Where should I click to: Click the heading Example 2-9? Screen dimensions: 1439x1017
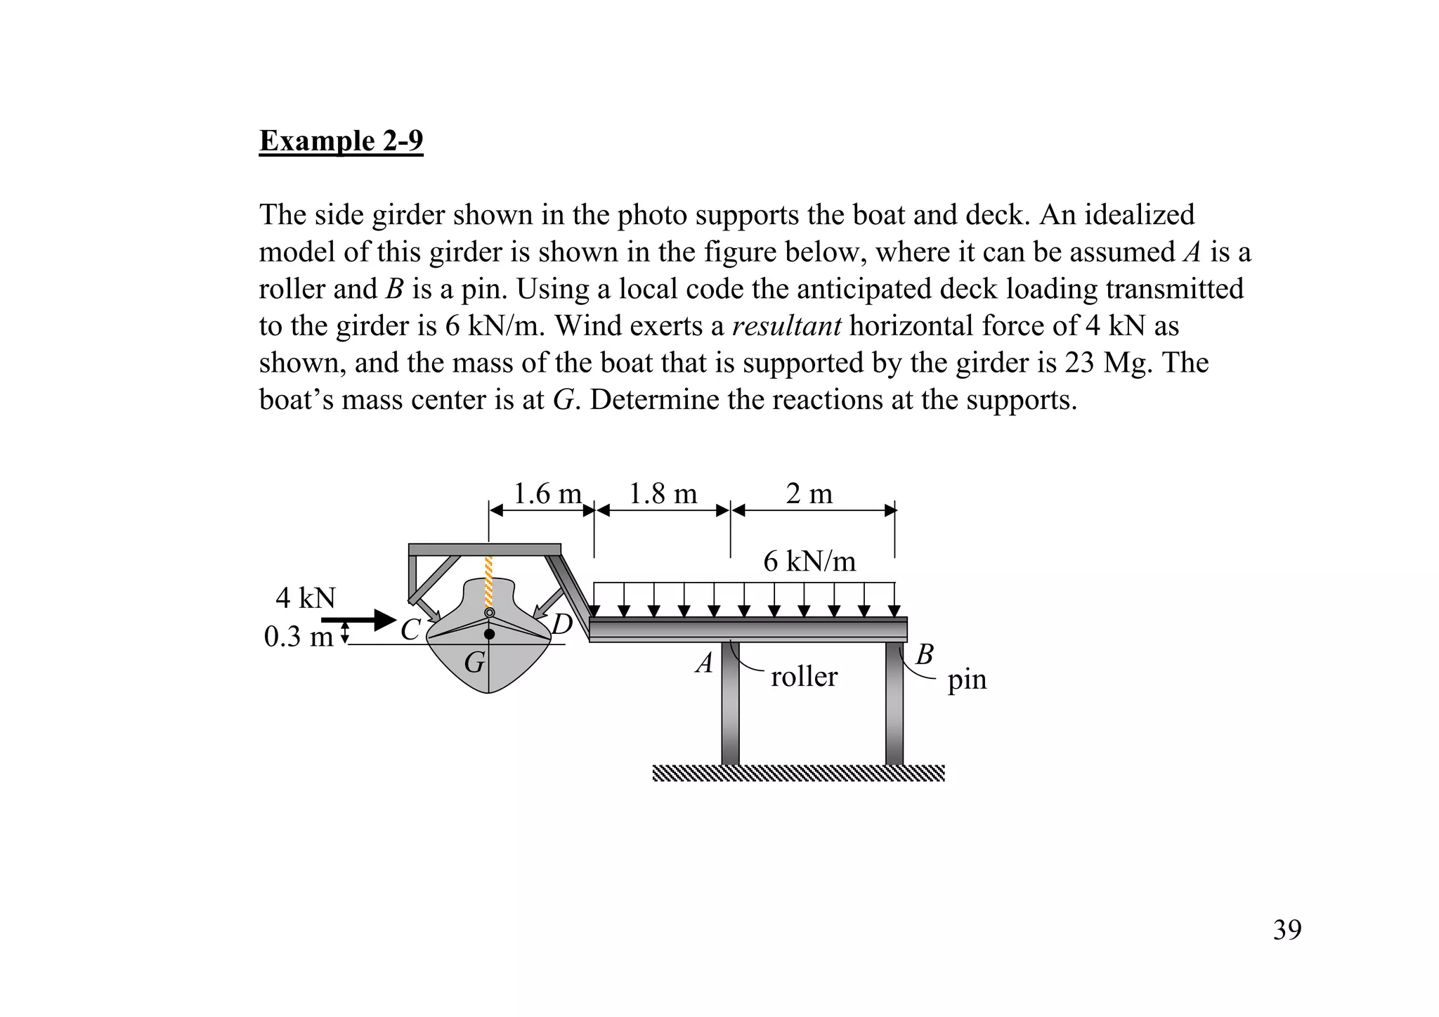pos(341,141)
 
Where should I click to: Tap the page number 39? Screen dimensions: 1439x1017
pos(1287,930)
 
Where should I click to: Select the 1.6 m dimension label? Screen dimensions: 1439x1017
pos(547,494)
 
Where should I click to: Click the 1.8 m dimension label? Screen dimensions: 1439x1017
pos(663,494)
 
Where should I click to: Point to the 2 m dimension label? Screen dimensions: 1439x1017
pos(809,494)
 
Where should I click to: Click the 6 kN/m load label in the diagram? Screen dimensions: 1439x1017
pos(809,562)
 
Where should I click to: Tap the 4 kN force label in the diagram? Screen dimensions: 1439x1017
pos(306,598)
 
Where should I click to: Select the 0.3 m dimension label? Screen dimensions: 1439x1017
pos(298,637)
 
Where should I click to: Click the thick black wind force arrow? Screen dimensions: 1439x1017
pos(359,620)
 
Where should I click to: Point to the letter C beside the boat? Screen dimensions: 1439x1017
pos(410,630)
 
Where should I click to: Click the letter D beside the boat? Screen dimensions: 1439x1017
pos(562,624)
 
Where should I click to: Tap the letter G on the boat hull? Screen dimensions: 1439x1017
pos(474,662)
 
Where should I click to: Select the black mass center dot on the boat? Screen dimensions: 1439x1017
pos(490,634)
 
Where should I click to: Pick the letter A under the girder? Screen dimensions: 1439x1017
pos(704,663)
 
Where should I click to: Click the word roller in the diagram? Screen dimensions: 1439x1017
pos(804,677)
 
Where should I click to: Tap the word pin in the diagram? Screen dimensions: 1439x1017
pos(967,680)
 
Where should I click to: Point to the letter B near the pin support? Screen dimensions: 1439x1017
pos(925,654)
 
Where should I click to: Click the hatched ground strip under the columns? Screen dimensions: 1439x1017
pos(798,773)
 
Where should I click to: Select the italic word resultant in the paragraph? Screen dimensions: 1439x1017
pos(786,326)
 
